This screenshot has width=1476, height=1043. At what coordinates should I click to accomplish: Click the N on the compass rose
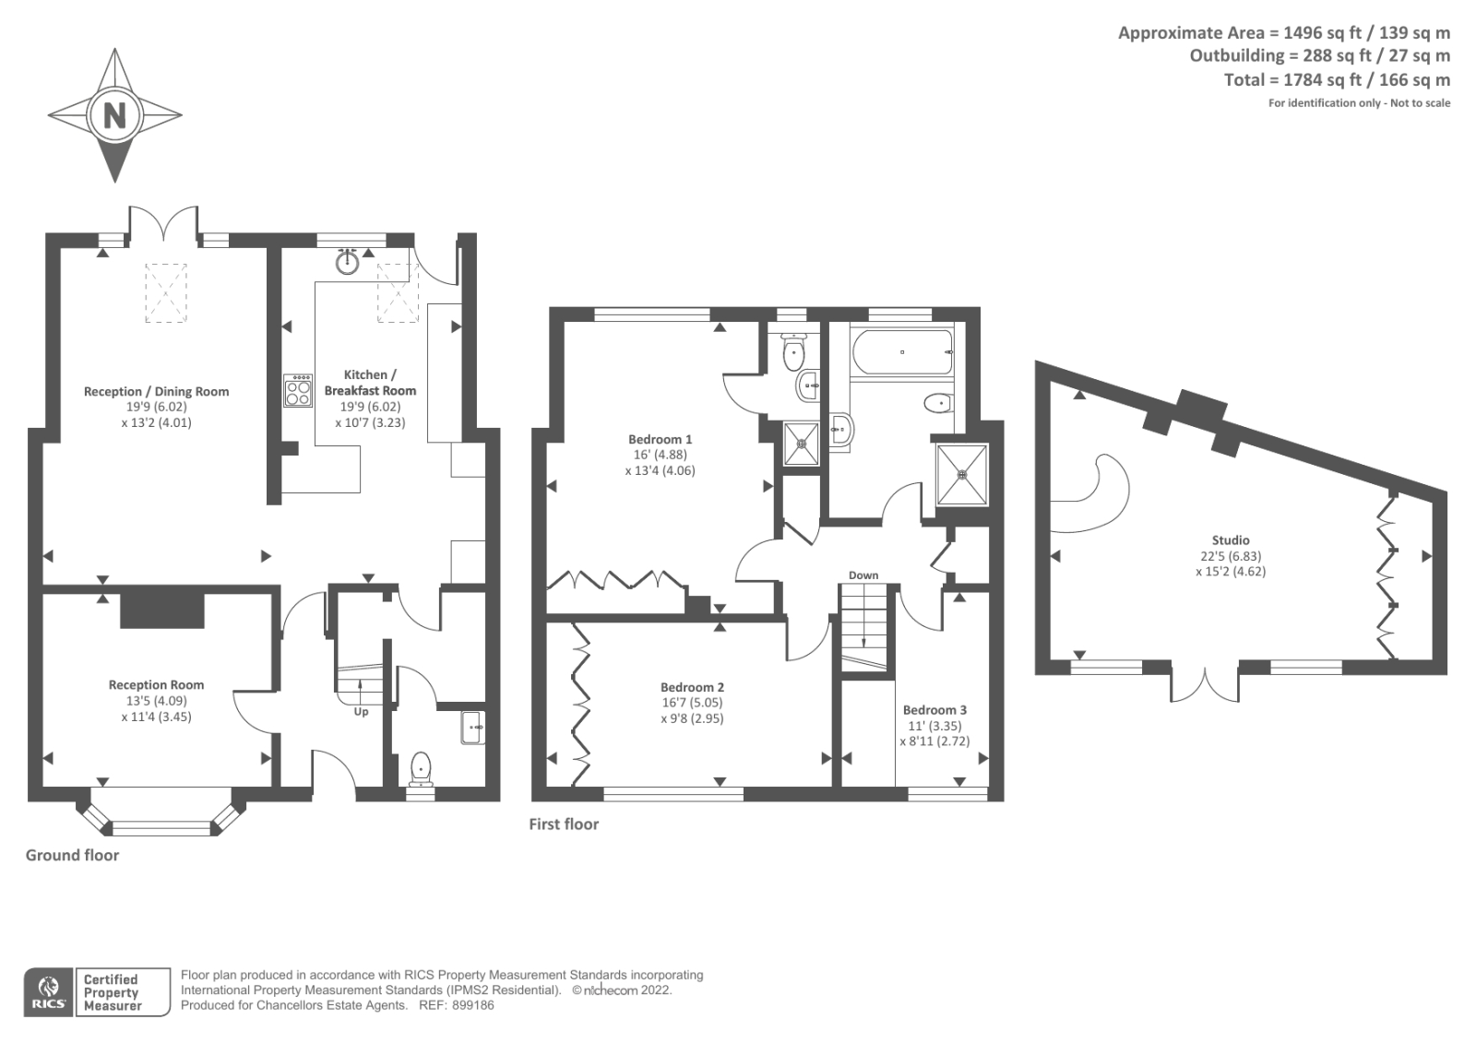coord(114,116)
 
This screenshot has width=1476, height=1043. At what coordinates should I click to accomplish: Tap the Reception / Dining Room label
coord(156,391)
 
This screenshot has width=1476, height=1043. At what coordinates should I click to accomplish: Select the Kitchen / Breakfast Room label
coord(370,382)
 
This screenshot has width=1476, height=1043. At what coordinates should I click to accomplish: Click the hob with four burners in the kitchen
coord(298,392)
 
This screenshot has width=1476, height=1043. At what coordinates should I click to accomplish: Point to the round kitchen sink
coord(347,262)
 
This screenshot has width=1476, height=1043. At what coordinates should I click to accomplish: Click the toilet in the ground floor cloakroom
coord(420,767)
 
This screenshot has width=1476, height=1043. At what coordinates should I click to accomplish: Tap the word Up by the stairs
coord(361,711)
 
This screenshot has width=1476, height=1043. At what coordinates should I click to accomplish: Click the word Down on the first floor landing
coord(863,575)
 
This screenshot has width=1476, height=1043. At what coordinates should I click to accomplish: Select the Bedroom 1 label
coord(660,439)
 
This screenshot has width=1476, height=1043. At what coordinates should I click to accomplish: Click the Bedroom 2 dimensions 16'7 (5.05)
coord(692,703)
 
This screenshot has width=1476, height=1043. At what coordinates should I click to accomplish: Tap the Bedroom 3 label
coord(934,709)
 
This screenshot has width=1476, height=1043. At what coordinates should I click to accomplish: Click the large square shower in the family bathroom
coord(962,475)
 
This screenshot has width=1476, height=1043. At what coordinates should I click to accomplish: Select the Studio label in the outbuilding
coord(1231,540)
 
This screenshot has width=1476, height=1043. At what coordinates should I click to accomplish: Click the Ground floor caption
coord(72,855)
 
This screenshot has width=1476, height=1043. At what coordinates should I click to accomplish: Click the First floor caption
coord(564,824)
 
